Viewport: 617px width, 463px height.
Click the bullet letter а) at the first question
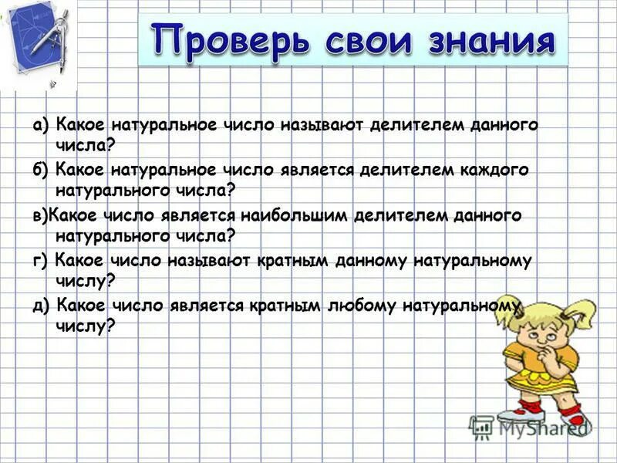point(41,124)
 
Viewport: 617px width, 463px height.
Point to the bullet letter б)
point(41,170)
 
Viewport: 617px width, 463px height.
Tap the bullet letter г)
point(41,261)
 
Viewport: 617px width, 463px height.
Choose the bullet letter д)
point(41,306)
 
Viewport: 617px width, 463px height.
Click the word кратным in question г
point(290,261)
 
